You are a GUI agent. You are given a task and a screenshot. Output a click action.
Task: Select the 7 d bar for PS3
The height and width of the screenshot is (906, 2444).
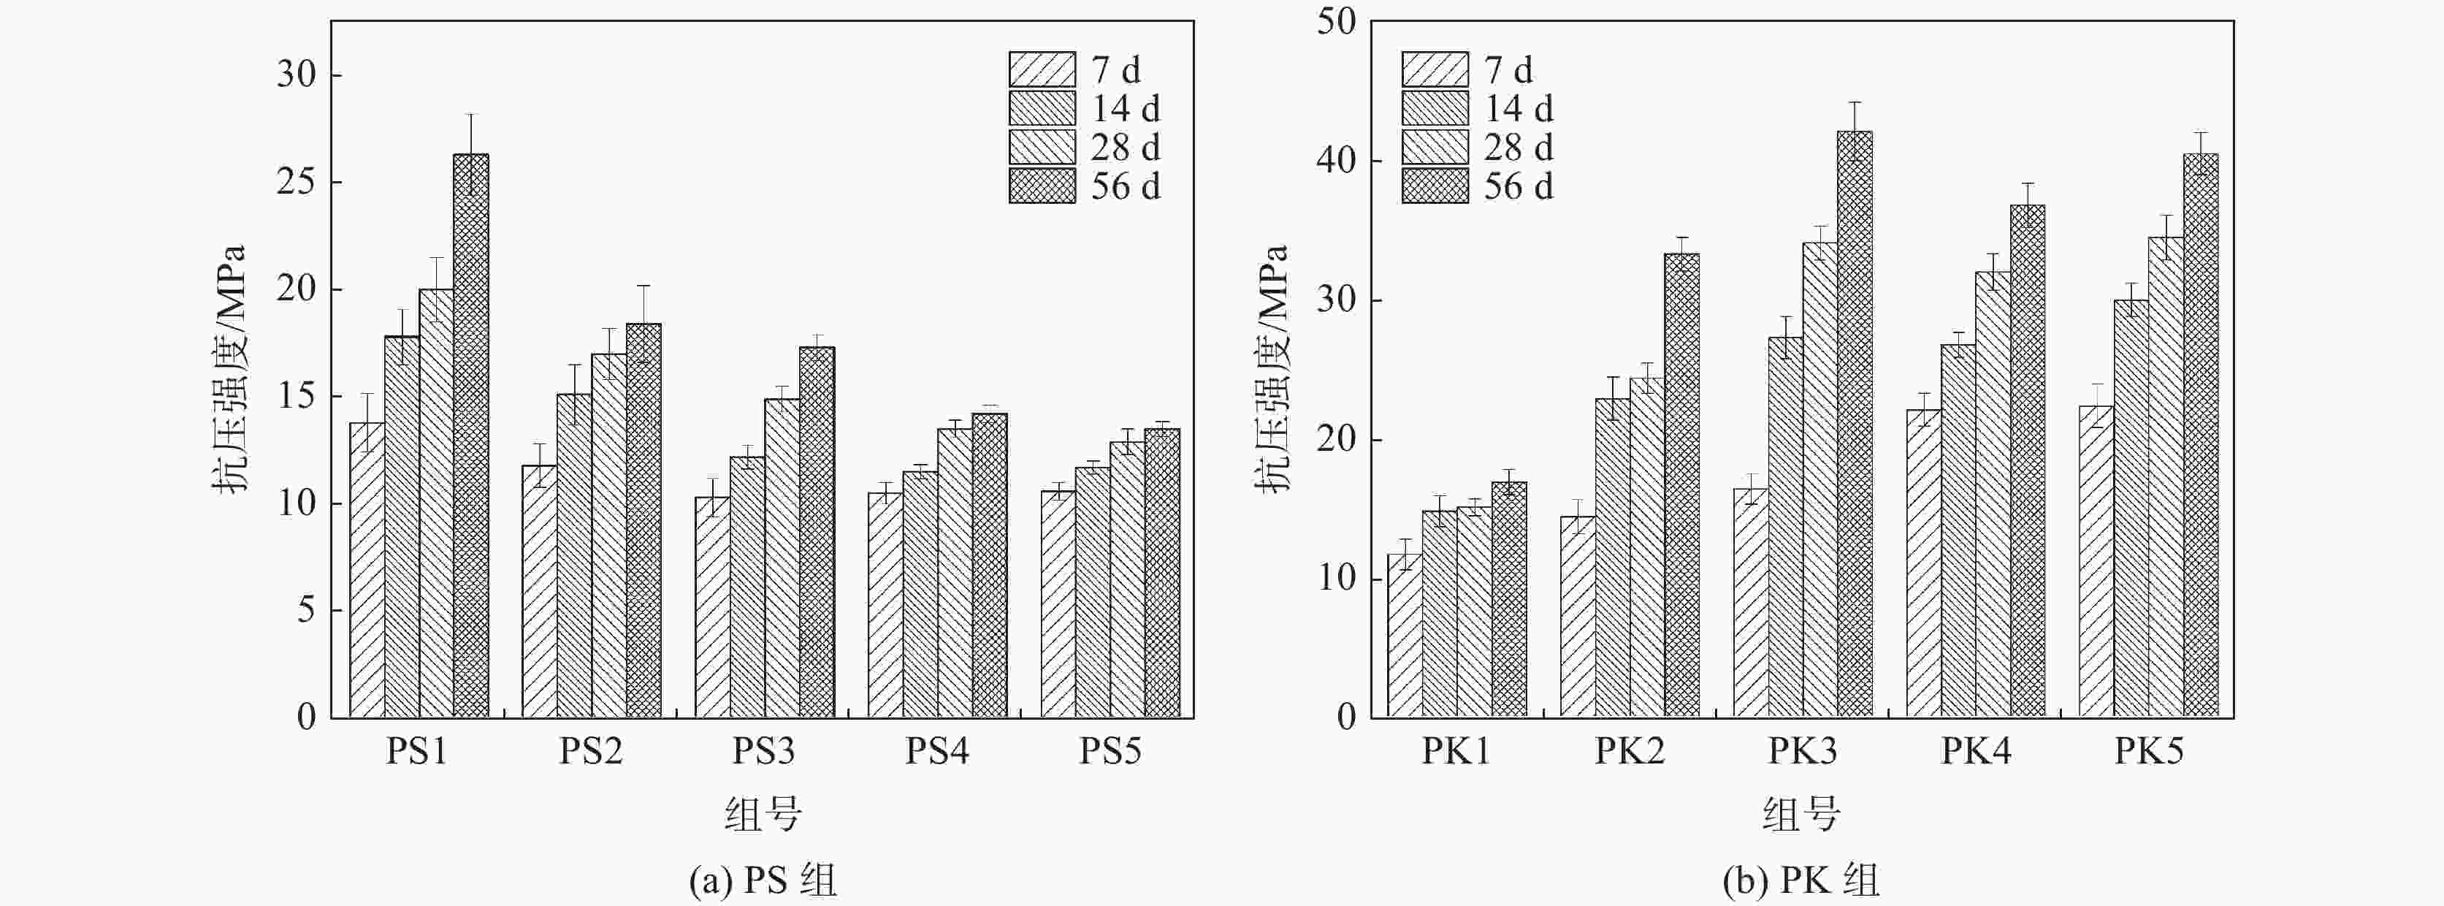click(712, 607)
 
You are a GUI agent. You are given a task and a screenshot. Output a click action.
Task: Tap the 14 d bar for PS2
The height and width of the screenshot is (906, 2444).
click(574, 555)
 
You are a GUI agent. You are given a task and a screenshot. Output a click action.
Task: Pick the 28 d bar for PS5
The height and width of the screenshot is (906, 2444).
click(1127, 579)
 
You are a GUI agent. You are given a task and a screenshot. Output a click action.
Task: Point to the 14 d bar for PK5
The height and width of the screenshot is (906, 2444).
click(2131, 508)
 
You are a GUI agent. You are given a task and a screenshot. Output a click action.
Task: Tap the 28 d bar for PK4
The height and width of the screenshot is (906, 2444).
click(1993, 493)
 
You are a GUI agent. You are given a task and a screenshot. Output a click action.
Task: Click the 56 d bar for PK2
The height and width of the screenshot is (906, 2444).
click(1682, 484)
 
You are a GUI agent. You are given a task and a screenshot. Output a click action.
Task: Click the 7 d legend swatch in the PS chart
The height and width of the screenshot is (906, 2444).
click(1042, 70)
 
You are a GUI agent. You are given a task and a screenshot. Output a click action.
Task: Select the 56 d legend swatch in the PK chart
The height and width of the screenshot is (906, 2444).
click(1435, 186)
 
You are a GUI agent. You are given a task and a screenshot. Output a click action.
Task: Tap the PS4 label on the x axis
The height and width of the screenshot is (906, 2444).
click(936, 751)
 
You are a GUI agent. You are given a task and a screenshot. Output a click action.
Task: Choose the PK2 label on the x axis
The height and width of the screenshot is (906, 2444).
click(1629, 751)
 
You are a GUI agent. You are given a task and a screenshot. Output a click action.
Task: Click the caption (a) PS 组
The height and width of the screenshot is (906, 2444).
click(763, 881)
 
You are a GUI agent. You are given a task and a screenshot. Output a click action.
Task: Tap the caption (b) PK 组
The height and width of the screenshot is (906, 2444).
click(1800, 881)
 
